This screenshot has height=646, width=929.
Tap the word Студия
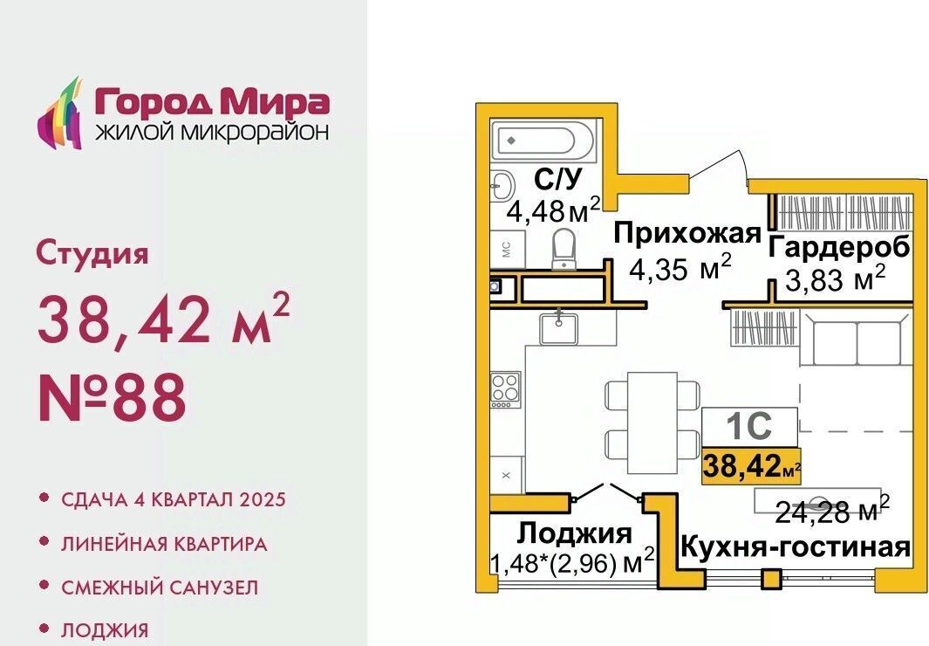(x=92, y=253)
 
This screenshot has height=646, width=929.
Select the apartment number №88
(x=112, y=397)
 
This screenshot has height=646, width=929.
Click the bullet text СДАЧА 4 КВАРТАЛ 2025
(x=173, y=499)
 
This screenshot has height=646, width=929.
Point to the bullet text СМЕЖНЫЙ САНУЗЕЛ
(x=160, y=588)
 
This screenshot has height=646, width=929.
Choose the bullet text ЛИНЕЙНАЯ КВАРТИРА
(x=164, y=544)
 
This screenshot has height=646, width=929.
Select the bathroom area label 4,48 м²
(x=553, y=210)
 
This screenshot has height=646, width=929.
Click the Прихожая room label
(x=687, y=233)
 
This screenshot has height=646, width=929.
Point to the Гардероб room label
(x=839, y=246)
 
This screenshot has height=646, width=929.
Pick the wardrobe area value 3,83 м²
(x=836, y=278)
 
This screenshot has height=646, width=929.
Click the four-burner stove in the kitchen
(x=506, y=389)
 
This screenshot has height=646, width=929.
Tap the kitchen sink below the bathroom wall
(x=558, y=328)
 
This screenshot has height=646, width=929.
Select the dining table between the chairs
(x=652, y=423)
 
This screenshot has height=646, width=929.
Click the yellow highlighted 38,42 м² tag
(x=751, y=467)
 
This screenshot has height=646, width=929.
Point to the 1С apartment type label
(x=749, y=425)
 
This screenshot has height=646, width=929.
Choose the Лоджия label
(x=574, y=533)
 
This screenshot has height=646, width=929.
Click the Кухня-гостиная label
(x=795, y=546)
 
